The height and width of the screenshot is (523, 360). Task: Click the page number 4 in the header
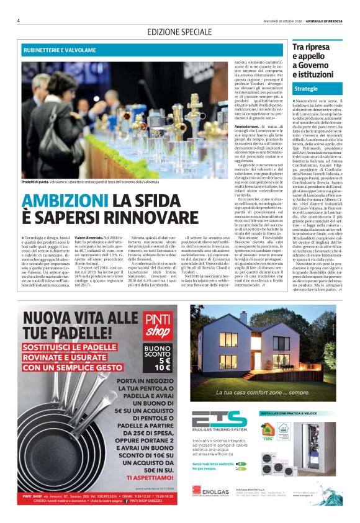point(19,20)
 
